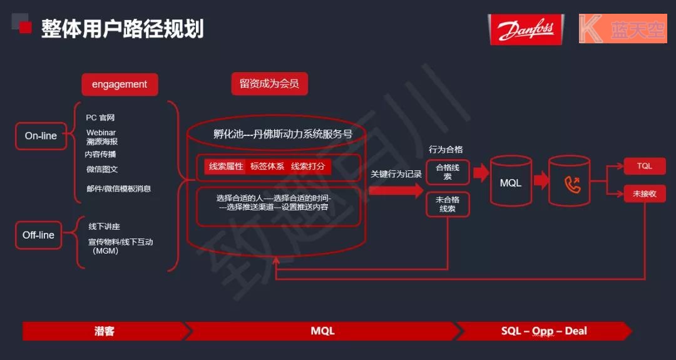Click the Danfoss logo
click(525, 29)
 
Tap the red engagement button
click(120, 85)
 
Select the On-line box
click(41, 136)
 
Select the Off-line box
click(39, 235)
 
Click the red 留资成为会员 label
click(269, 84)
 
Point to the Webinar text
click(101, 132)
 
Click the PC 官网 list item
click(100, 118)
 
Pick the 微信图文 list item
click(102, 169)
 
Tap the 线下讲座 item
click(104, 227)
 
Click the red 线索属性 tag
click(225, 167)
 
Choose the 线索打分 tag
click(307, 167)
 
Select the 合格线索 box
click(448, 172)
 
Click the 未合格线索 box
click(448, 204)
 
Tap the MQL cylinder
click(511, 182)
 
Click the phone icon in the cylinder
click(572, 183)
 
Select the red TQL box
click(644, 166)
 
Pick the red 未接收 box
click(644, 194)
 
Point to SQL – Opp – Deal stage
click(544, 331)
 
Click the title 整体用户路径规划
click(123, 29)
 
